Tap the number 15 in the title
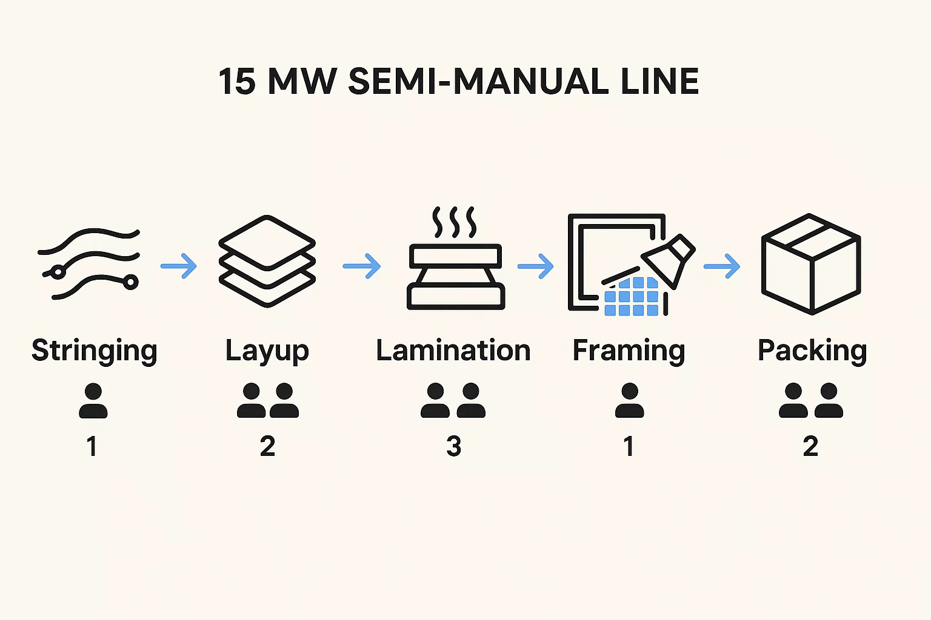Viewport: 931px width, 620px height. (x=237, y=82)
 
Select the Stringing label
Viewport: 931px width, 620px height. (x=95, y=351)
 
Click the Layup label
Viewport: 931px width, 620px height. (x=267, y=351)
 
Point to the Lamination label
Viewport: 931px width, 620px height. (x=453, y=351)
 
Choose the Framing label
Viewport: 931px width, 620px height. (x=629, y=351)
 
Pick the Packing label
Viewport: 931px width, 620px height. (x=812, y=351)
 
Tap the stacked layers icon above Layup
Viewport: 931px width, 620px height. (x=267, y=262)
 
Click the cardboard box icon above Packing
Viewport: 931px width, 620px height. (x=811, y=263)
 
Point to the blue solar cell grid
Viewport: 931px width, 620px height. (x=632, y=297)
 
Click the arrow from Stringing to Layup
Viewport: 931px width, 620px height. (x=179, y=266)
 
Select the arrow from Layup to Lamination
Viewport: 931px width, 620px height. (x=362, y=266)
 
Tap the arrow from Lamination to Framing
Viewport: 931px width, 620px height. (x=536, y=266)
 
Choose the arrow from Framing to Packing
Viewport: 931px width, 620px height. (x=722, y=266)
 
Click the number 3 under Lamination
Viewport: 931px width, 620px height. (x=453, y=447)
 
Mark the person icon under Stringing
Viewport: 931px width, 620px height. (x=93, y=401)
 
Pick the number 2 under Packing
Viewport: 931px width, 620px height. (x=810, y=447)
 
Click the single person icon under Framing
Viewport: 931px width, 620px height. (x=629, y=401)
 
